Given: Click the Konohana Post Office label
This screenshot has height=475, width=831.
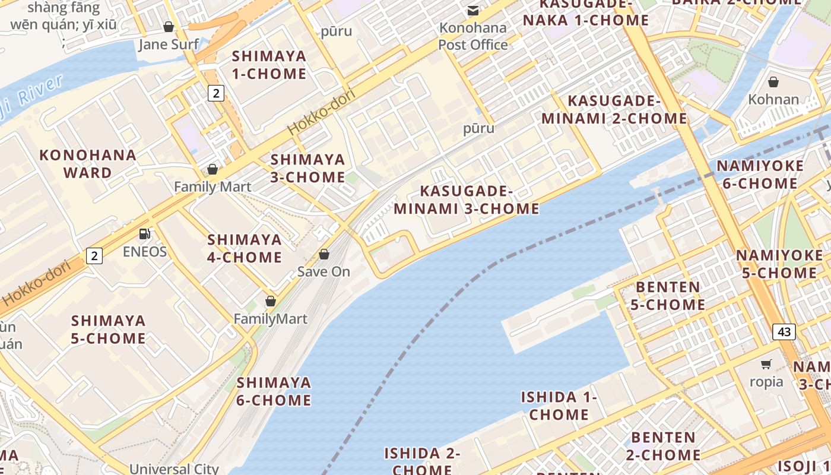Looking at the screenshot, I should (473, 36).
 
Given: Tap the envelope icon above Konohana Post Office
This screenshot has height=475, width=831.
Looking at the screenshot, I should (473, 10).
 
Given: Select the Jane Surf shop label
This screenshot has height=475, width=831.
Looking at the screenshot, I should (169, 45).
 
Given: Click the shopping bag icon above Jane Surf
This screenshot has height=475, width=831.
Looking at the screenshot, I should (169, 27).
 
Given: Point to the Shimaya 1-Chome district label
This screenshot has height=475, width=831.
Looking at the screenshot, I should (269, 65).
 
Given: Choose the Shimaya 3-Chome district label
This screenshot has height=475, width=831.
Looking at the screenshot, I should (307, 169).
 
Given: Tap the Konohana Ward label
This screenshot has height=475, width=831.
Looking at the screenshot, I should (88, 164).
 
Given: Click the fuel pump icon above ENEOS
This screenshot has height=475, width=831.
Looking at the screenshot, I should (144, 234).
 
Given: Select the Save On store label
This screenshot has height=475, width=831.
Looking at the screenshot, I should (323, 272).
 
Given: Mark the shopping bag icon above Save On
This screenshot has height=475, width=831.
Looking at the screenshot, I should (324, 254).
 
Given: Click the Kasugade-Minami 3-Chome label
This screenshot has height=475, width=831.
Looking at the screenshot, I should (467, 200).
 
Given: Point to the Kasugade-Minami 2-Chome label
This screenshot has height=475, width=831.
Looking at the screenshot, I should (614, 109).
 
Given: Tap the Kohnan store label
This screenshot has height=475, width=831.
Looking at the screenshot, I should (773, 99).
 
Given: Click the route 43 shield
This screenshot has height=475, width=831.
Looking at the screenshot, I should (784, 332).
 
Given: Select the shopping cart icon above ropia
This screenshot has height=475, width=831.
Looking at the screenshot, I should (766, 364).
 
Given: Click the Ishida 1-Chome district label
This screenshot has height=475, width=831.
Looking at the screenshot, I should (559, 406).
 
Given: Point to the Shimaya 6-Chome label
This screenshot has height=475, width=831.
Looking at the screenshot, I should (274, 391).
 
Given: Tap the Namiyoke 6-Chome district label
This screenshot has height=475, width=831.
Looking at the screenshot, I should (760, 175).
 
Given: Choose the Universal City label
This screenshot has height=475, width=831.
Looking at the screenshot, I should (174, 468).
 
